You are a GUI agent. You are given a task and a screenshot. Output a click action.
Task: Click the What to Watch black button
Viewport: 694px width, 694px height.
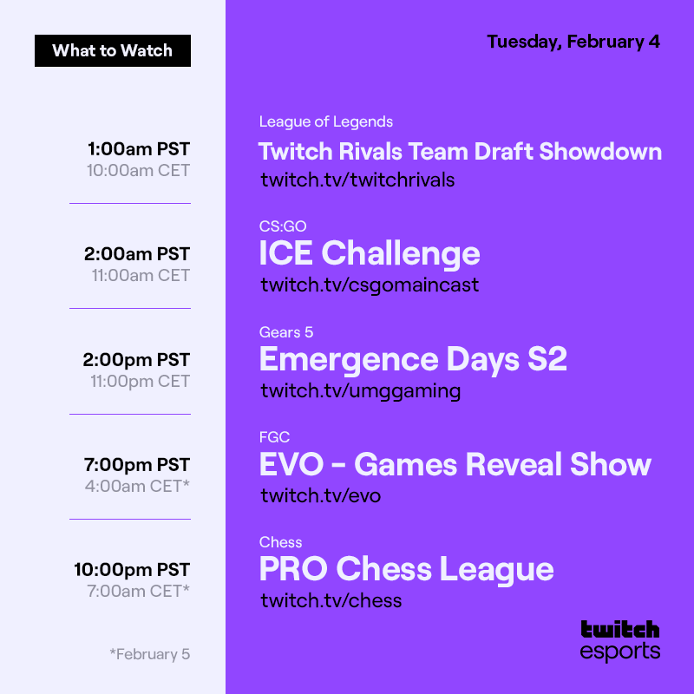click(113, 50)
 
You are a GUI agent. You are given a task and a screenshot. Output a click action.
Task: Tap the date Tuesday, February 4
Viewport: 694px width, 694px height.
click(573, 42)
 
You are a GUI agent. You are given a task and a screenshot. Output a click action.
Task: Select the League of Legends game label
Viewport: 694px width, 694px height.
click(325, 121)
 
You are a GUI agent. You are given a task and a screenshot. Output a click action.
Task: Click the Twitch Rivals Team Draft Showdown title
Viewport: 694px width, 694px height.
click(460, 151)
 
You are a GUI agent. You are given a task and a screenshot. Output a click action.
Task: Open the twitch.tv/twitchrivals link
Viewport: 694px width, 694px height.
click(357, 180)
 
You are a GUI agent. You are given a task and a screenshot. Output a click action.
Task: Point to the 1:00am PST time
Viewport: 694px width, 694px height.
click(138, 148)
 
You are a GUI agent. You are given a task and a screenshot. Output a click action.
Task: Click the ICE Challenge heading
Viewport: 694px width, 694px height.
click(369, 253)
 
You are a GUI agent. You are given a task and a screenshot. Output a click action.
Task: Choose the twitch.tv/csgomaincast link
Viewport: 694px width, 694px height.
click(370, 285)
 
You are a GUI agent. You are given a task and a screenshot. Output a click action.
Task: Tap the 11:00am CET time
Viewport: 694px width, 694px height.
click(141, 276)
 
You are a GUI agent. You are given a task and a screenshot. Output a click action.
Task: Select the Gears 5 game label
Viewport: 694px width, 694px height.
click(285, 332)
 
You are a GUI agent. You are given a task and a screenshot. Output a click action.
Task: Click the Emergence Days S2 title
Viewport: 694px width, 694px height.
click(413, 359)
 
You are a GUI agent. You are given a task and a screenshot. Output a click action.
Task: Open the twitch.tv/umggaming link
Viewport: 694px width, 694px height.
click(360, 390)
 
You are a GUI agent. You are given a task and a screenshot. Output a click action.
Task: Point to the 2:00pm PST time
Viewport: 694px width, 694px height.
click(137, 359)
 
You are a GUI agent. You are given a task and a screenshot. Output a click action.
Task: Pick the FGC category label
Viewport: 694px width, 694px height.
click(274, 437)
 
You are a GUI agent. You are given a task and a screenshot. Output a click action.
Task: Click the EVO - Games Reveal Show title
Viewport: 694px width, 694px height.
click(455, 464)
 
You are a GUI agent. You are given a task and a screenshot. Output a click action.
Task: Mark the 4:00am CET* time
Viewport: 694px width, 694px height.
click(137, 486)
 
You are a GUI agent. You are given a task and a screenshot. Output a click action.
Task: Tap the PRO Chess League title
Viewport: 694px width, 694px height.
click(406, 569)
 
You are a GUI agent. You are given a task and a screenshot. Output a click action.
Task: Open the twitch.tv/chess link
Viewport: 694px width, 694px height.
click(331, 600)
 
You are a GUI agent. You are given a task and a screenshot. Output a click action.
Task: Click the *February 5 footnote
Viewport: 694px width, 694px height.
click(149, 654)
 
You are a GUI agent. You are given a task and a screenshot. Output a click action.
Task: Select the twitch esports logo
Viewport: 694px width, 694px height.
click(619, 640)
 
